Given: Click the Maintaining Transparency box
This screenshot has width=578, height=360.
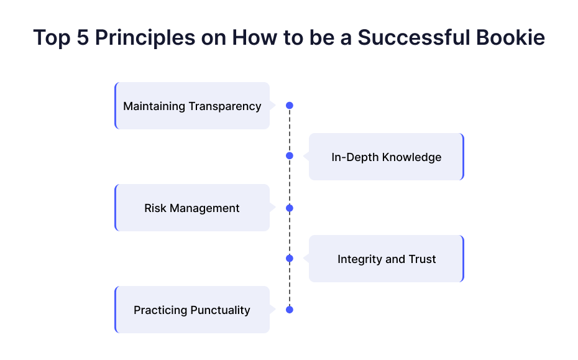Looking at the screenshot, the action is (x=192, y=106).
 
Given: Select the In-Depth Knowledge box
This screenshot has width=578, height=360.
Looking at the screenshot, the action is (x=387, y=157).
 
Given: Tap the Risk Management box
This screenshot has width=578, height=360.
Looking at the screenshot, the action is (x=192, y=208).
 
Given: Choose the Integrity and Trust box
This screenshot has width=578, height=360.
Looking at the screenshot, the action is (x=387, y=259).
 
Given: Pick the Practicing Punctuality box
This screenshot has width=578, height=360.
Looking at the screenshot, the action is (x=192, y=310).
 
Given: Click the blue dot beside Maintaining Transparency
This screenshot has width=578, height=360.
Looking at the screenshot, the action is (x=290, y=106).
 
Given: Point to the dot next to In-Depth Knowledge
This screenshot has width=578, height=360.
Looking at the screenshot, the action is (x=290, y=155).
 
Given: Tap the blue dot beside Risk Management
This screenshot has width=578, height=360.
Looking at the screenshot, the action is (x=290, y=208).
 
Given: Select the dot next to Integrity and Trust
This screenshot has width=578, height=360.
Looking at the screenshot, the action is (x=290, y=258).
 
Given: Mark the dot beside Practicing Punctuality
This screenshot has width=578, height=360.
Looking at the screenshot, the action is (x=290, y=310).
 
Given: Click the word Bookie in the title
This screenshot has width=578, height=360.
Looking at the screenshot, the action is (x=510, y=37).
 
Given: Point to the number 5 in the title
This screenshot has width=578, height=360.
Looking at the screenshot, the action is (x=83, y=38).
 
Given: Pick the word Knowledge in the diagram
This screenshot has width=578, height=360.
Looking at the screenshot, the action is (x=412, y=157).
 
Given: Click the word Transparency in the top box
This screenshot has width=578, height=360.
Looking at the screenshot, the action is (x=225, y=106).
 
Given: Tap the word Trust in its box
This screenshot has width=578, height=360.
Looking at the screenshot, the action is (x=423, y=259).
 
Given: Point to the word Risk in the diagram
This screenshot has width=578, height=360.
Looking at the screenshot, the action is (x=155, y=208).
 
